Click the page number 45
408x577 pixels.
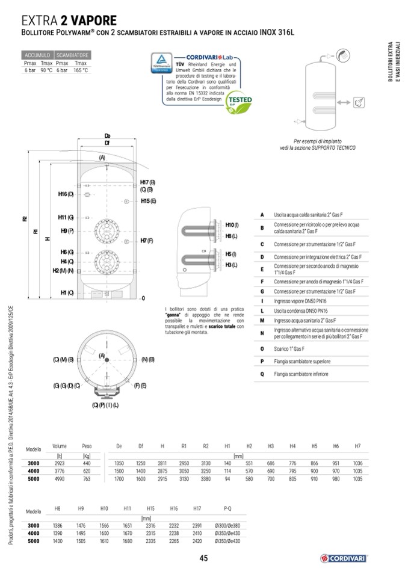[x=203, y=559]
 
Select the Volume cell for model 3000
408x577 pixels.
[x=59, y=463]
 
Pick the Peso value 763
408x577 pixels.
[x=87, y=480]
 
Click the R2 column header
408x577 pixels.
[x=206, y=446]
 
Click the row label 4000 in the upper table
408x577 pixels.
[x=33, y=472]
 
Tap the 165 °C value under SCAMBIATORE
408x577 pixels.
[x=81, y=70]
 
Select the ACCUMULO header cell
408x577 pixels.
[x=37, y=55]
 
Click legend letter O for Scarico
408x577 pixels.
[x=262, y=348]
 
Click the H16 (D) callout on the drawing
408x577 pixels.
[x=66, y=194]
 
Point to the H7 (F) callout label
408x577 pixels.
[x=146, y=241]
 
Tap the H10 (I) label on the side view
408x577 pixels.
[x=232, y=224]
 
